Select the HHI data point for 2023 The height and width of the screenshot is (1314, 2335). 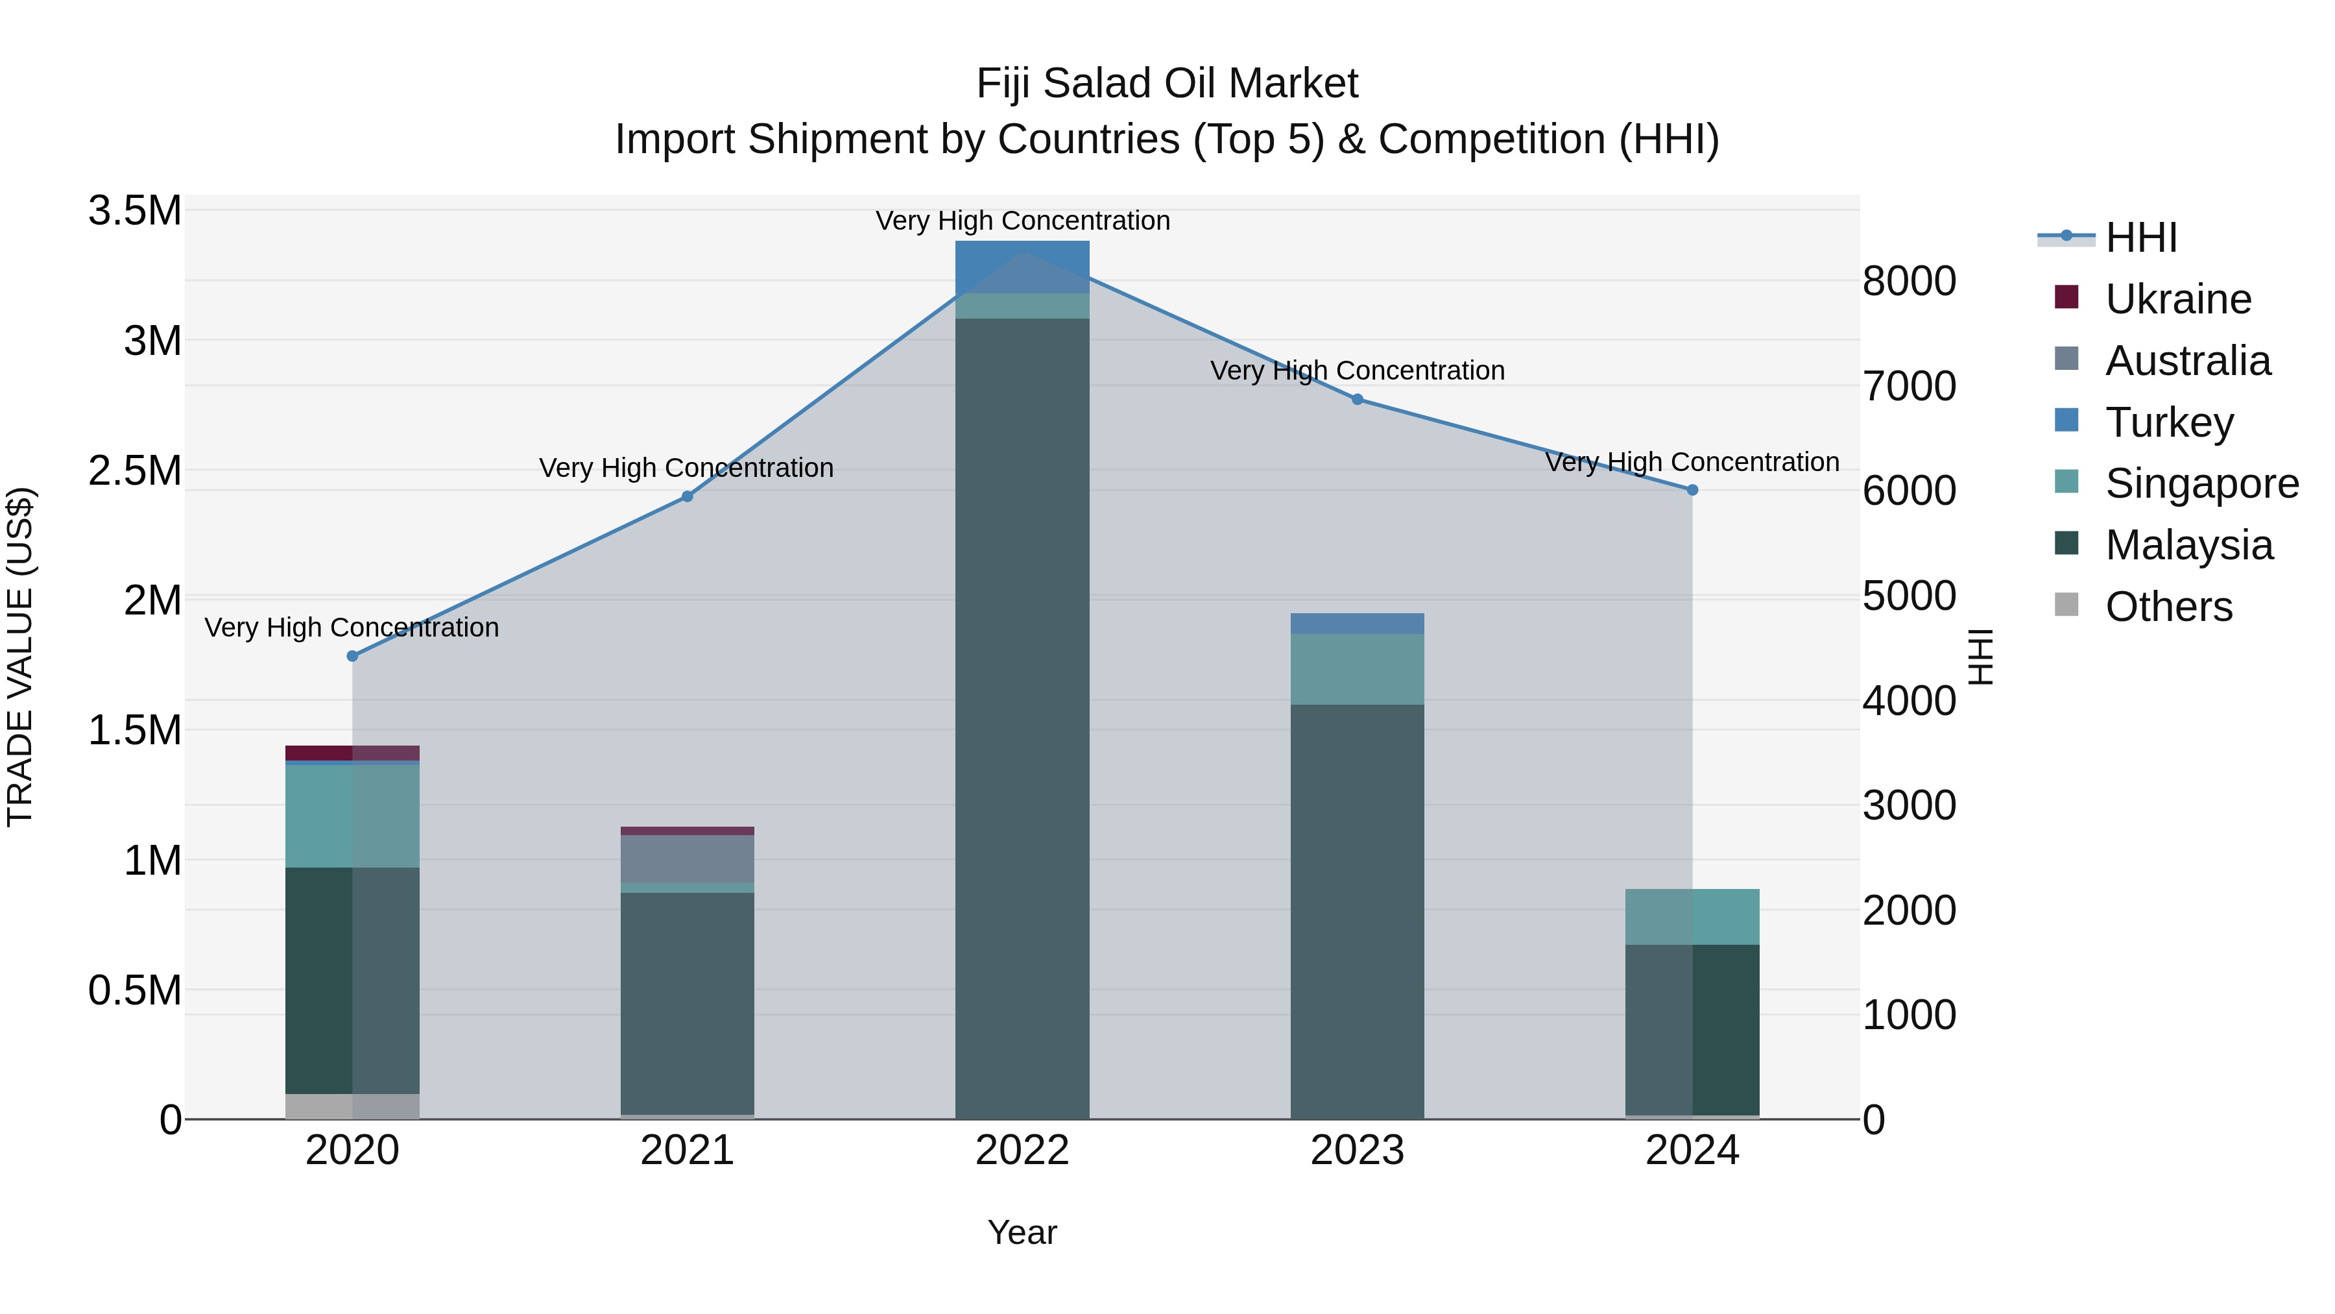1357,399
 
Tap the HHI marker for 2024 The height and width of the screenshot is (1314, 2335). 1692,490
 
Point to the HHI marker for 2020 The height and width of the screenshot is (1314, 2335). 353,655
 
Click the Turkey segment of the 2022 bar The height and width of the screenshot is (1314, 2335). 1022,267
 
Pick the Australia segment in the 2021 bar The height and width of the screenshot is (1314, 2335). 687,858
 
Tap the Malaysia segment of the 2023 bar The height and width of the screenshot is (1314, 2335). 1357,912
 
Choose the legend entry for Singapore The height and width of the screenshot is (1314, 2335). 2201,483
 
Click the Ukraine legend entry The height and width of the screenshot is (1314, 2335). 2177,299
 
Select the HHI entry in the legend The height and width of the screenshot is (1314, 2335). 2140,237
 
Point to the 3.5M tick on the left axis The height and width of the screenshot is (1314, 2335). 134,210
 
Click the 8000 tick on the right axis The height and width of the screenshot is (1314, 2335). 1908,281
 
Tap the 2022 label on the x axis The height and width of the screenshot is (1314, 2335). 1022,1150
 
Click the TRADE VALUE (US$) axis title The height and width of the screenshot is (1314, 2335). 20,657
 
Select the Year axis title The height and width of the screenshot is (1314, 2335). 1022,1232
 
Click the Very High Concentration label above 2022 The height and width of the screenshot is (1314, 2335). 1022,221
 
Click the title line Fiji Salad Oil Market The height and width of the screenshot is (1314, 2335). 1167,84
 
